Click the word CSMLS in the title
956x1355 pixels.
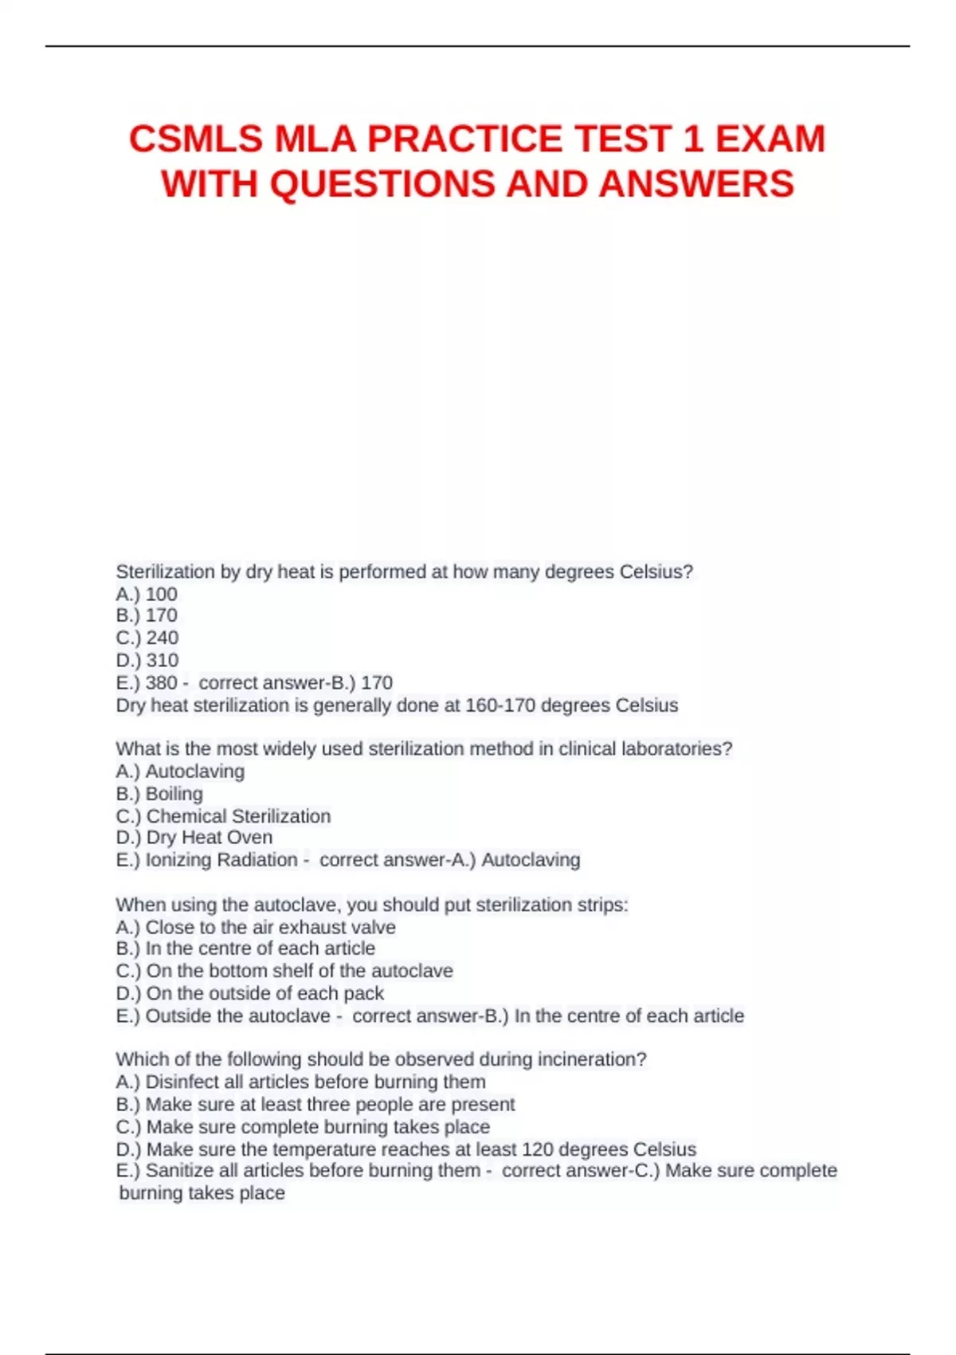[195, 139]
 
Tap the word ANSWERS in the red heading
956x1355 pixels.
[696, 184]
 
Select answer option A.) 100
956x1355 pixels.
[147, 594]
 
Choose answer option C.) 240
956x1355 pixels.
[147, 638]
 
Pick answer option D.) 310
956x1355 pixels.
[147, 660]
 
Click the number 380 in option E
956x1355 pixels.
[161, 682]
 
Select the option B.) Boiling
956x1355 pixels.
[159, 794]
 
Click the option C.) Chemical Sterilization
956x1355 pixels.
[223, 816]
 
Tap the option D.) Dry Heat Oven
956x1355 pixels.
[194, 837]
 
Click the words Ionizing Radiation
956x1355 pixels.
[221, 860]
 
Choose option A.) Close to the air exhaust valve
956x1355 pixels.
[256, 927]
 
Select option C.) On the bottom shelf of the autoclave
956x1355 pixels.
[284, 971]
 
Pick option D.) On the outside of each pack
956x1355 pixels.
[250, 993]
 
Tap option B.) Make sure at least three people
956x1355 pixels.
[315, 1104]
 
